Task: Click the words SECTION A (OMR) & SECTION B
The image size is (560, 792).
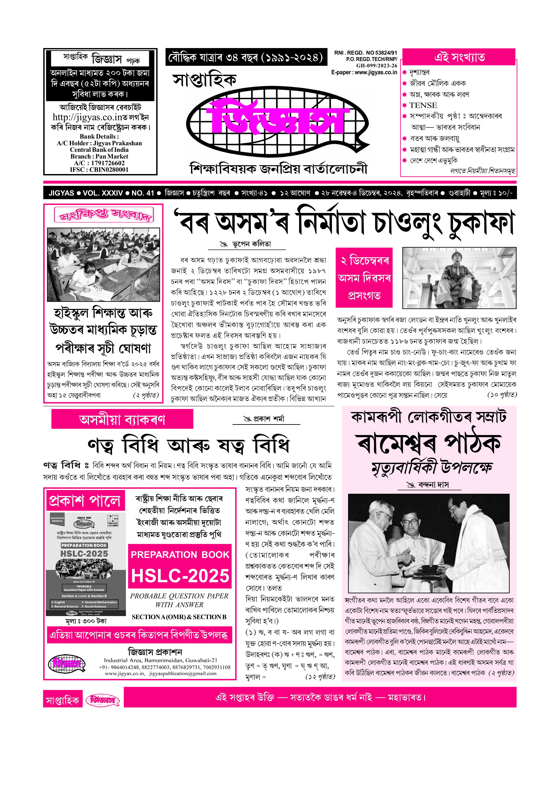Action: point(179,617)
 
